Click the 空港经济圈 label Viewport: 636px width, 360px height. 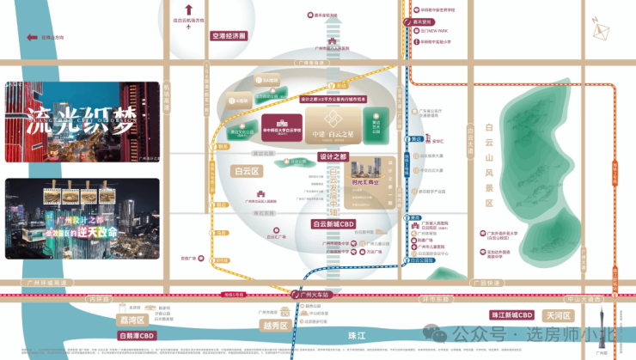229,37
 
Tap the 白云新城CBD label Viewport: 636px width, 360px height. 333,224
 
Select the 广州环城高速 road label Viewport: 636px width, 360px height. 45,282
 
